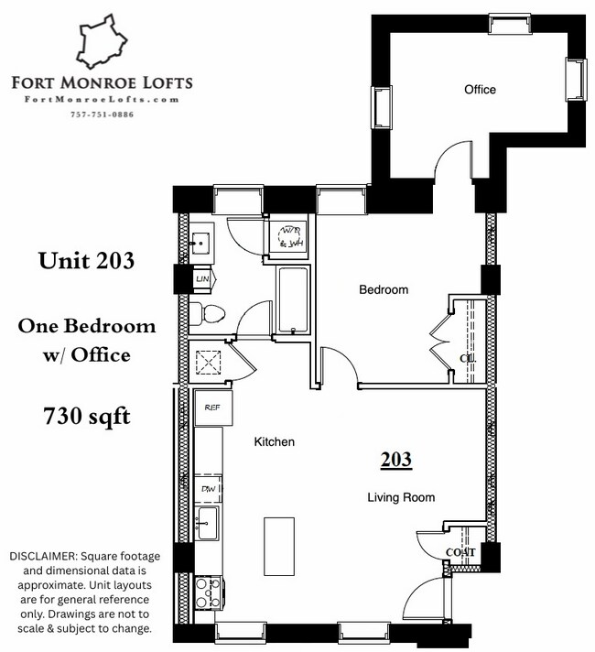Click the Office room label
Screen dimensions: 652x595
pyautogui.click(x=480, y=90)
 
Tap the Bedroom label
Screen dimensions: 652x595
pyautogui.click(x=383, y=290)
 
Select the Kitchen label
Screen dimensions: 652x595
pyautogui.click(x=274, y=442)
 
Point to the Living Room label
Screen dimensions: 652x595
pyautogui.click(x=401, y=497)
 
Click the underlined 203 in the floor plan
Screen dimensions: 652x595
pyautogui.click(x=396, y=460)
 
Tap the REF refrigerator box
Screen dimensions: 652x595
pyautogui.click(x=212, y=407)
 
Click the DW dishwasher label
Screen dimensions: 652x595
pyautogui.click(x=208, y=490)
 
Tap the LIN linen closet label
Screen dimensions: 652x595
pyautogui.click(x=202, y=278)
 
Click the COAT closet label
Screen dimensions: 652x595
pyautogui.click(x=460, y=552)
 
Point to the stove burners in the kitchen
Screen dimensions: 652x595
pyautogui.click(x=206, y=593)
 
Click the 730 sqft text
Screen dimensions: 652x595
pyautogui.click(x=87, y=417)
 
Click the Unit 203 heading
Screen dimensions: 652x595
pyautogui.click(x=87, y=261)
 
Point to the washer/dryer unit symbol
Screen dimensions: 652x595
pyautogui.click(x=291, y=236)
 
